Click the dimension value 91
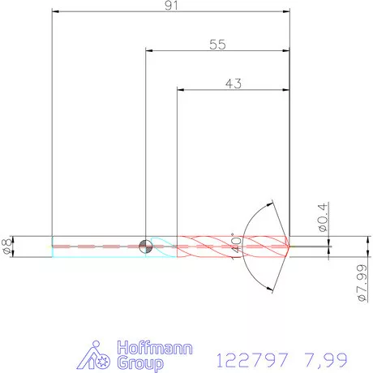tap(171, 6)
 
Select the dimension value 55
tap(217, 45)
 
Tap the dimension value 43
tap(234, 84)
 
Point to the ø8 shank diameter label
tap(8, 247)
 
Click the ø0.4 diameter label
tap(323, 217)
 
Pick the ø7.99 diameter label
tap(362, 283)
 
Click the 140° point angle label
tap(236, 246)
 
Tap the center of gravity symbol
tap(146, 247)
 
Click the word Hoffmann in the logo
tap(155, 348)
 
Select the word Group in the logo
tap(140, 363)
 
